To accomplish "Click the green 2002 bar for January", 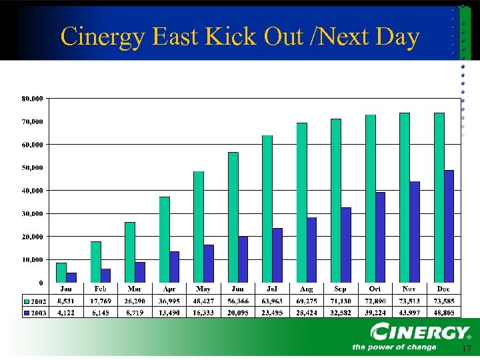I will pyautogui.click(x=61, y=272).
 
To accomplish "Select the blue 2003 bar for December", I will pyautogui.click(x=449, y=226).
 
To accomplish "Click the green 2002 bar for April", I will pyautogui.click(x=164, y=239).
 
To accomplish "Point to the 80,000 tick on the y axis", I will pyautogui.click(x=33, y=99).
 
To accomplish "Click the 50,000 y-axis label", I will pyautogui.click(x=33, y=167).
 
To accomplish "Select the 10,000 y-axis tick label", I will pyautogui.click(x=33, y=259).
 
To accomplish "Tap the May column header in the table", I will pyautogui.click(x=203, y=289).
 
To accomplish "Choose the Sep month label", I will pyautogui.click(x=341, y=289).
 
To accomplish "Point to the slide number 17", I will pyautogui.click(x=466, y=349).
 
